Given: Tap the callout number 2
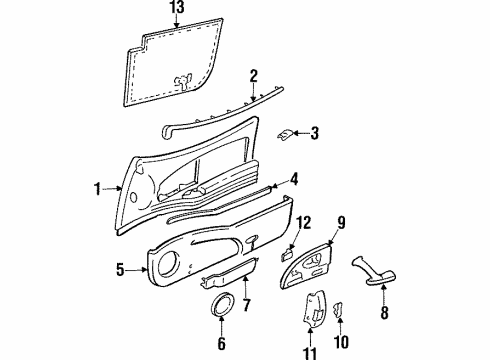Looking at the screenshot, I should [x=254, y=75].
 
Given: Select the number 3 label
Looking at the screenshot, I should [x=314, y=132].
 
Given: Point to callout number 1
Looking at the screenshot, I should [x=98, y=187].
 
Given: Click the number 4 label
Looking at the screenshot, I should [x=294, y=179].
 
